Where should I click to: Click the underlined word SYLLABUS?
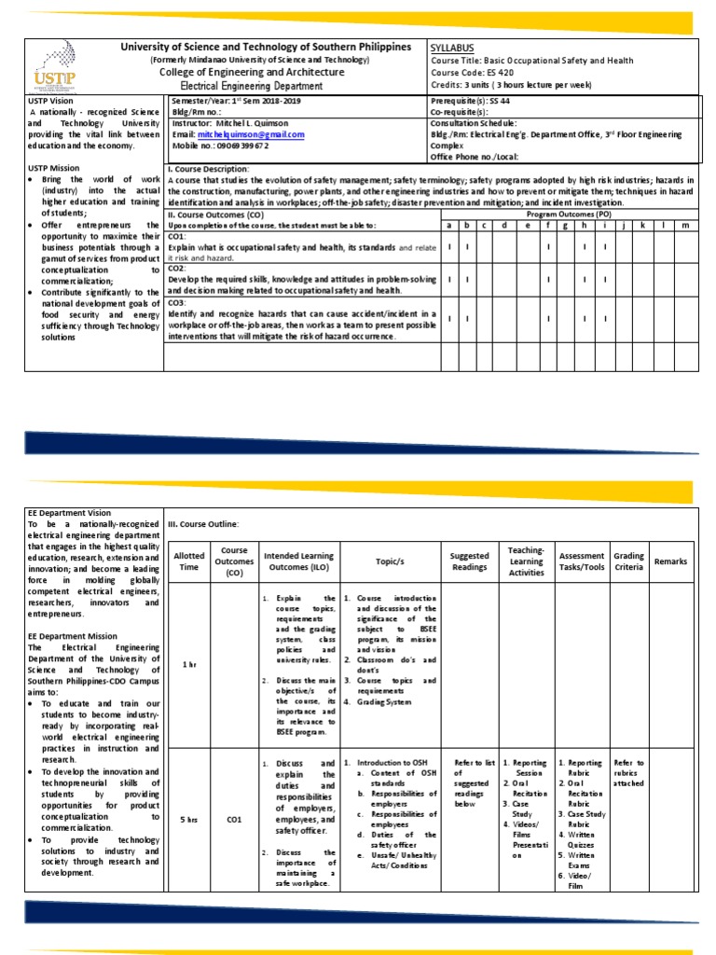click(x=454, y=47)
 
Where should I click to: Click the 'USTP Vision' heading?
click(x=51, y=100)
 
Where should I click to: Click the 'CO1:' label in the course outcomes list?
click(x=178, y=238)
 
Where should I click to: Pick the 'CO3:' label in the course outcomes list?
click(x=178, y=302)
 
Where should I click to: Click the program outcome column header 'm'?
click(x=685, y=225)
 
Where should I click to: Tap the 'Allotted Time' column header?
click(x=189, y=561)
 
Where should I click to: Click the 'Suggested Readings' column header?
click(x=469, y=561)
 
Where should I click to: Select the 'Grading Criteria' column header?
click(x=628, y=561)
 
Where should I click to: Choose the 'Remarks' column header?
click(x=670, y=561)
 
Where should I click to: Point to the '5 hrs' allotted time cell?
click(x=189, y=820)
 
